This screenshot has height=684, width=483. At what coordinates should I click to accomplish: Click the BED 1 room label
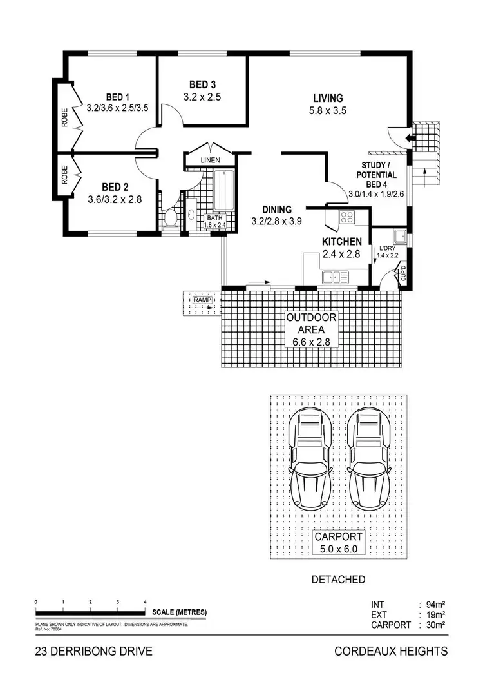tap(118, 97)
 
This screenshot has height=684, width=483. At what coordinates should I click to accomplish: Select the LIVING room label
tap(327, 98)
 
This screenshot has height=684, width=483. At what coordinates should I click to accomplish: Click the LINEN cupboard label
tap(210, 159)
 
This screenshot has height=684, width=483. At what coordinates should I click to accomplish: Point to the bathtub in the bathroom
tap(223, 190)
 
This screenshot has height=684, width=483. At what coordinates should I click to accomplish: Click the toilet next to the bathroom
tap(171, 219)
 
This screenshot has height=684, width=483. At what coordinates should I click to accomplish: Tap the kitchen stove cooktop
tap(348, 217)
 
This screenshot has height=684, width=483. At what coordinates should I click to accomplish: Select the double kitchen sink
tap(335, 278)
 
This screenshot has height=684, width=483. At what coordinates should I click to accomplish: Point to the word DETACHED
tap(338, 580)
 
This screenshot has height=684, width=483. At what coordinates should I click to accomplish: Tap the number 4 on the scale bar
tap(146, 601)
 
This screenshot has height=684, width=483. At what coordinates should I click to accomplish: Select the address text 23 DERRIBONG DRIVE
tap(94, 652)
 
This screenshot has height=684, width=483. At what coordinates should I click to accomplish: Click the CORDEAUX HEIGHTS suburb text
tap(390, 652)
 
